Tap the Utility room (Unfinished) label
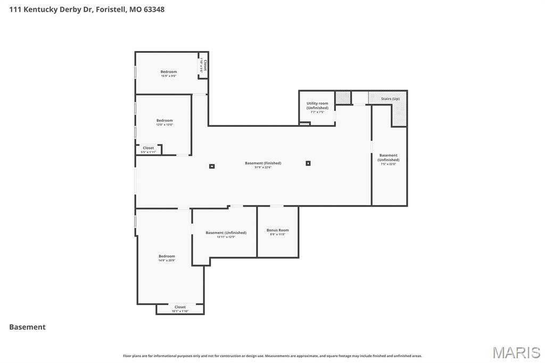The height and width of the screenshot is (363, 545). (317, 105)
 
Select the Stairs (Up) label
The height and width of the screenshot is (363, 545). (390, 98)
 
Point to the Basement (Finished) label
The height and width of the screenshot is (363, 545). (263, 163)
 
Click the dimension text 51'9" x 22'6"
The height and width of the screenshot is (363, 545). (263, 168)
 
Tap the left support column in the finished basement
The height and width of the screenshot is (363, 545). (212, 166)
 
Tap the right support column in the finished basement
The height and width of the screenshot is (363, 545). (308, 163)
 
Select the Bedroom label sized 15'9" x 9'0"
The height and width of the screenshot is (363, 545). (169, 72)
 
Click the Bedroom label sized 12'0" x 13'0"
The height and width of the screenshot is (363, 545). (164, 120)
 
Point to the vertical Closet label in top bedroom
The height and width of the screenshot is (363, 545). (204, 65)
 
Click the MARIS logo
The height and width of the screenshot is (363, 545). (516, 352)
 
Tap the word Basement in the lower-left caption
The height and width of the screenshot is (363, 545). (28, 327)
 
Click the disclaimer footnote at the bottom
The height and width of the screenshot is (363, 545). (272, 356)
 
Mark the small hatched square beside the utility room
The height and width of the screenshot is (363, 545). (343, 97)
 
